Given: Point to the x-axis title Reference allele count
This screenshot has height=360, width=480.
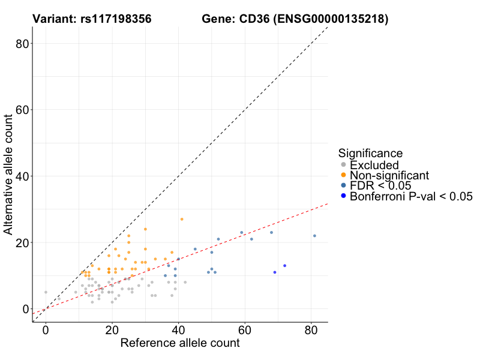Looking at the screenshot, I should (x=180, y=343).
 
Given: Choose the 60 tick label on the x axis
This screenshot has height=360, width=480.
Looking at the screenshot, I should (x=245, y=330).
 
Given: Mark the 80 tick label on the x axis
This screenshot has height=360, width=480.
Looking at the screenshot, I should (x=311, y=330).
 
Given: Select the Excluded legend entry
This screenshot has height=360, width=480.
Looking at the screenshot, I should (x=374, y=164).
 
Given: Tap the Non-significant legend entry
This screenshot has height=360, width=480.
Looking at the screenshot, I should (x=389, y=175).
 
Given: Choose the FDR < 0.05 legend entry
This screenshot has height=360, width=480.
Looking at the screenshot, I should (x=381, y=185).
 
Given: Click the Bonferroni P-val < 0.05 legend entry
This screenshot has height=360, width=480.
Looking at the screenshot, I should (x=411, y=196).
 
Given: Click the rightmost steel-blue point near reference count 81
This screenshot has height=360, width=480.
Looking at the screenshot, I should (x=314, y=236).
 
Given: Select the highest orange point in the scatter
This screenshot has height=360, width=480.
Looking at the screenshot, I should (x=182, y=219).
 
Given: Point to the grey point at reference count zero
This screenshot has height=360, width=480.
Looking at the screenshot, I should (x=46, y=292).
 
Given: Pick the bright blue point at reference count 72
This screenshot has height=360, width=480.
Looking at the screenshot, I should (x=284, y=266).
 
